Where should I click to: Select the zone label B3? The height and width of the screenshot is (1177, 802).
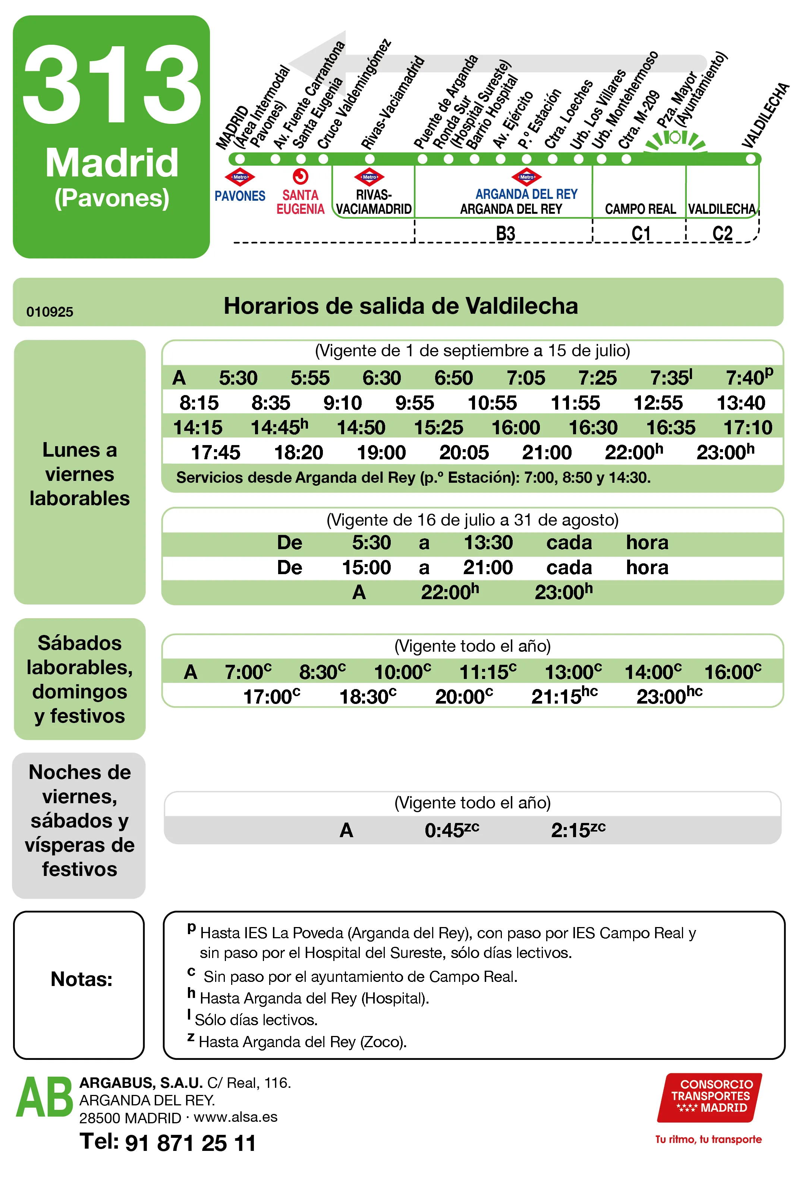pos(505,234)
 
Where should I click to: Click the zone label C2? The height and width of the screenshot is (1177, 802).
pos(721,234)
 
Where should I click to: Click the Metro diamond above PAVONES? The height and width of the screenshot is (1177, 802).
pos(239,177)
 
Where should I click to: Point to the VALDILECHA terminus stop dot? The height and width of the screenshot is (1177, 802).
pos(750,159)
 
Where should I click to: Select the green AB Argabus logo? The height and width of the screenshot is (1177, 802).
pos(45,1098)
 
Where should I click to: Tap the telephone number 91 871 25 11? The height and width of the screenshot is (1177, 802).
pos(191,1143)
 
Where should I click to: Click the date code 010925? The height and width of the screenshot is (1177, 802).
pos(50,312)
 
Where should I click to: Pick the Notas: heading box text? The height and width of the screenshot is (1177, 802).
pos(81,979)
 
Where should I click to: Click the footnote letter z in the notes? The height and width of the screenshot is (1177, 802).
pos(191,1037)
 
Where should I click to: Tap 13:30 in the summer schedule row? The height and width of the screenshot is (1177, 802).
pos(488,542)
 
